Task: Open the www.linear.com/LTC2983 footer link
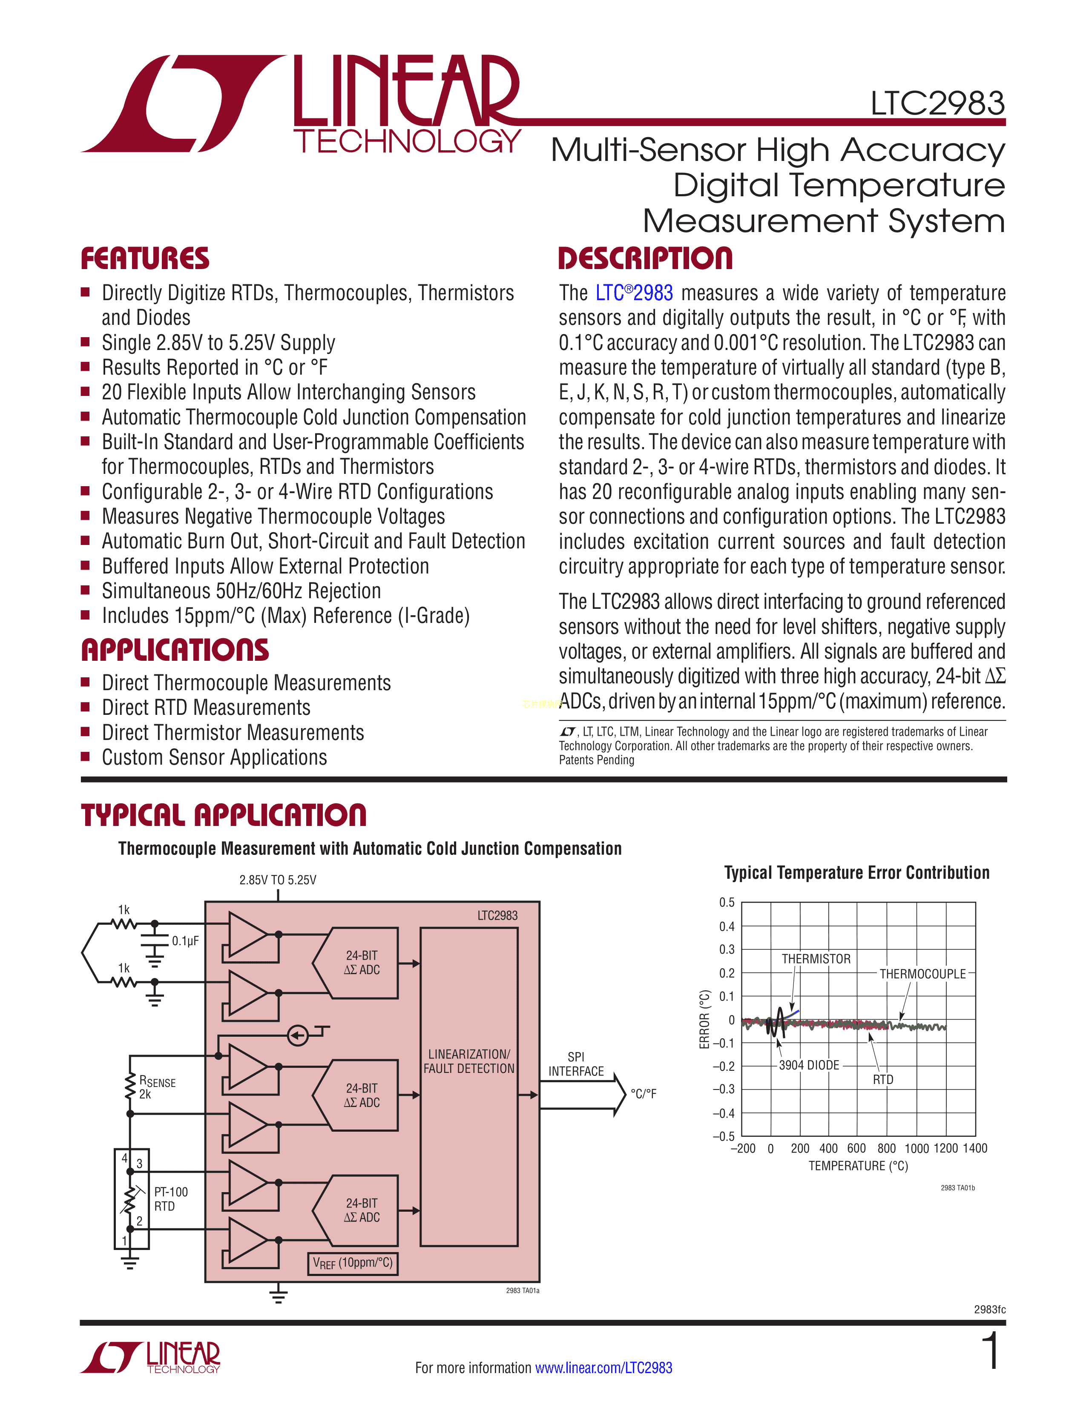pyautogui.click(x=603, y=1368)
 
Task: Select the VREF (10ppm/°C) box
pyautogui.click(x=352, y=1263)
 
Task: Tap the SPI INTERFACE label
pyautogui.click(x=576, y=1064)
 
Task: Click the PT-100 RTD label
pyautogui.click(x=170, y=1199)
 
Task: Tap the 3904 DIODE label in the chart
pyautogui.click(x=809, y=1065)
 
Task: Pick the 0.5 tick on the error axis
pyautogui.click(x=727, y=903)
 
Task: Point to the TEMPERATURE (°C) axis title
pyautogui.click(x=858, y=1166)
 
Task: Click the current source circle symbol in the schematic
pyautogui.click(x=297, y=1035)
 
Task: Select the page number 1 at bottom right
pyautogui.click(x=992, y=1351)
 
